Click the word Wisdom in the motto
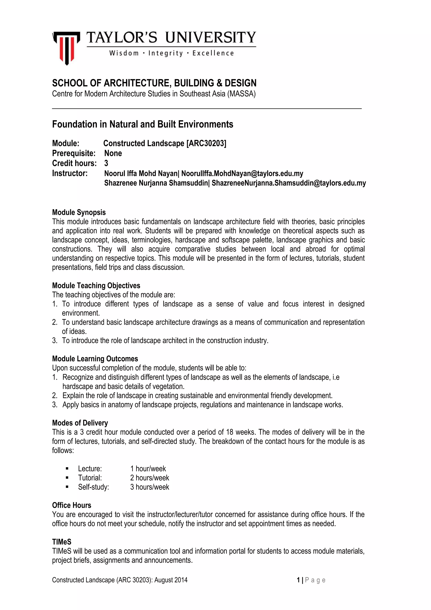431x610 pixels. (124, 53)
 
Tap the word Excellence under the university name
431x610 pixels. (213, 53)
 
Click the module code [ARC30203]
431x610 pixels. (206, 143)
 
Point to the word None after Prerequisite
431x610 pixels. (113, 153)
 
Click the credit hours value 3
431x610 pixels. (106, 163)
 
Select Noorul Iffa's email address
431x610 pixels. (242, 173)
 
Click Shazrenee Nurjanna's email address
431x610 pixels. (289, 183)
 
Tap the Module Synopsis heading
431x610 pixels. (79, 212)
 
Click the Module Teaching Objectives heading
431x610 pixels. (96, 286)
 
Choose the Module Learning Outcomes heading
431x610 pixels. (95, 359)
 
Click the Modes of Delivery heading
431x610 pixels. (80, 423)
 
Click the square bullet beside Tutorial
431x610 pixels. (67, 478)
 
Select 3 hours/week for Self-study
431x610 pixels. (149, 487)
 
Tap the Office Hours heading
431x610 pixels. (72, 505)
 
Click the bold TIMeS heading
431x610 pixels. (62, 542)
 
